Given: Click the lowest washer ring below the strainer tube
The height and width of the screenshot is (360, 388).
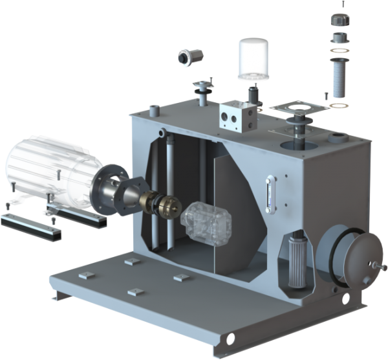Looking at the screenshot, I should click(338, 105).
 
